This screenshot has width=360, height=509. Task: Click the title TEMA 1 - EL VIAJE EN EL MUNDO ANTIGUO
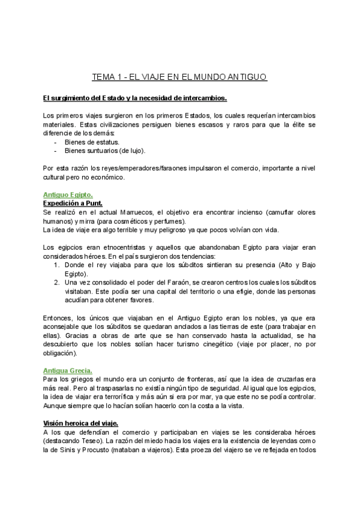(179, 77)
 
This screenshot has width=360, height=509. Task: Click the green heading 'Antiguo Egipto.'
(68, 194)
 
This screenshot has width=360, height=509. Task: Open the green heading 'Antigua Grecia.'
(68, 370)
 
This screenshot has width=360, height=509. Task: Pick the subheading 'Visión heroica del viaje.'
(85, 423)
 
